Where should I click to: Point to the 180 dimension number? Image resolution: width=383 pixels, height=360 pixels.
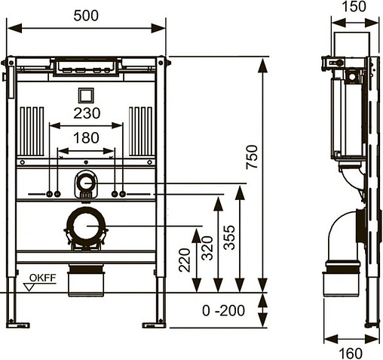(x=85, y=137)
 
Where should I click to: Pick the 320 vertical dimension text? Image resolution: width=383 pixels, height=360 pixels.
(x=206, y=248)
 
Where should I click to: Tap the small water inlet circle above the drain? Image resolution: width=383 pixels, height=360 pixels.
(x=86, y=181)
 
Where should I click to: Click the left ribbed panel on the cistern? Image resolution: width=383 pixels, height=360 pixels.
(x=34, y=129)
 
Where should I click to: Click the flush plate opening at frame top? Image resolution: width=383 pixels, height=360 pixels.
(x=85, y=67)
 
